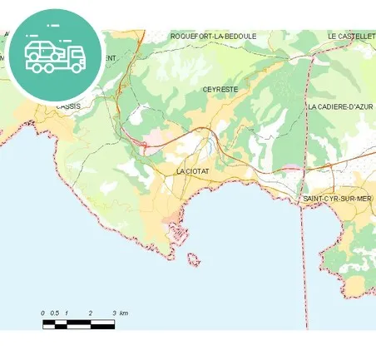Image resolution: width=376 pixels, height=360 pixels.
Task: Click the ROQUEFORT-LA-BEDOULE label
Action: pyautogui.click(x=213, y=37)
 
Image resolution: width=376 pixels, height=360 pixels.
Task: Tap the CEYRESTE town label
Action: pyautogui.click(x=219, y=88)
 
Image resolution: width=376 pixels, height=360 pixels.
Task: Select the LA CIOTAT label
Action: pyautogui.click(x=192, y=170)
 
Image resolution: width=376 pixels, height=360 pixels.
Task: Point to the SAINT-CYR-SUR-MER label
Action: pyautogui.click(x=336, y=200)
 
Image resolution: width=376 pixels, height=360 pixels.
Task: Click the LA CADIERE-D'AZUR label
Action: pyautogui.click(x=340, y=107)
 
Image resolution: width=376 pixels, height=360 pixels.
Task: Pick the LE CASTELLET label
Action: pyautogui.click(x=351, y=37)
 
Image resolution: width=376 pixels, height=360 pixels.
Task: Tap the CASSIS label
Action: pyautogui.click(x=67, y=107)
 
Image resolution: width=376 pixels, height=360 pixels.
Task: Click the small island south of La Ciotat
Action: pyautogui.click(x=193, y=261)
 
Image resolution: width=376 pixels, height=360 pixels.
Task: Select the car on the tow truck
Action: pyautogui.click(x=43, y=50)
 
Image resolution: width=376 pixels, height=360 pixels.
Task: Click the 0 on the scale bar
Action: pyautogui.click(x=43, y=313)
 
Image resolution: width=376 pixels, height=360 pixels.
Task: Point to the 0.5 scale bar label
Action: pyautogui.click(x=55, y=313)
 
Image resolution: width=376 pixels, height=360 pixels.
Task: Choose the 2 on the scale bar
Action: pyautogui.click(x=90, y=313)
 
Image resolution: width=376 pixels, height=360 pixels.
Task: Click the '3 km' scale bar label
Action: pyautogui.click(x=120, y=313)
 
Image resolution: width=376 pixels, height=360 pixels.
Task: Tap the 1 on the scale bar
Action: pyautogui.click(x=67, y=313)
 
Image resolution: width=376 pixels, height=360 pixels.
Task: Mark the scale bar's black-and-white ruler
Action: pyautogui.click(x=78, y=323)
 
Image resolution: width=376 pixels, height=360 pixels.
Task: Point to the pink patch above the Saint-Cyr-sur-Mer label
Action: pyautogui.click(x=292, y=169)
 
